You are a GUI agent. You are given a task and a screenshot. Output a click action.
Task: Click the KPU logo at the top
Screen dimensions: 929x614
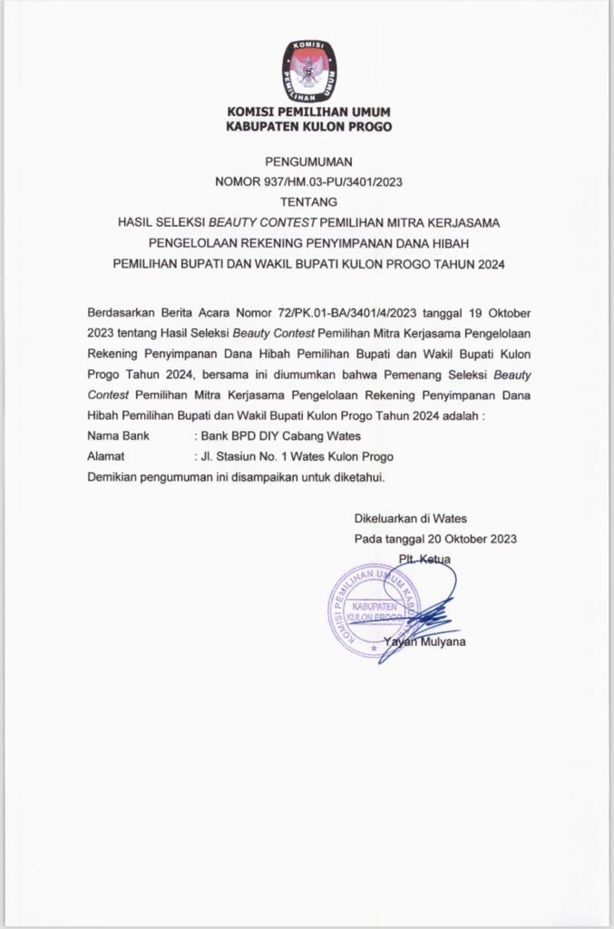[308, 69]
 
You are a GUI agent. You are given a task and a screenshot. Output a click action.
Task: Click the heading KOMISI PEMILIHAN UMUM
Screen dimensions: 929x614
[308, 112]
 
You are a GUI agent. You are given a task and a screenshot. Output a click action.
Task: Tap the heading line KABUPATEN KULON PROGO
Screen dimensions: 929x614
[308, 127]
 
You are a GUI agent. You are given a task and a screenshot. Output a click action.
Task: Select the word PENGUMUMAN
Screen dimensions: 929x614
[308, 161]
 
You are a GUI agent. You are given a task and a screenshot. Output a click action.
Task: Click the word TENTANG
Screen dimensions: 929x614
[308, 201]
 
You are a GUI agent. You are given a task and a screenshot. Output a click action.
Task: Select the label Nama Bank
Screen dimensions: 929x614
[118, 435]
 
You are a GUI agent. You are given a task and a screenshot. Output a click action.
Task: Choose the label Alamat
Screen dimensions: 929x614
[105, 455]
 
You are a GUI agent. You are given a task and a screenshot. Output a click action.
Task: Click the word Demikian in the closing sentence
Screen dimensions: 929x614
[112, 476]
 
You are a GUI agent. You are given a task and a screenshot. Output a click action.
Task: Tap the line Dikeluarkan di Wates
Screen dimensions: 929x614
[410, 518]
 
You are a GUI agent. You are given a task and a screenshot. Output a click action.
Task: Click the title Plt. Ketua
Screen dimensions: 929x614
[424, 559]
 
